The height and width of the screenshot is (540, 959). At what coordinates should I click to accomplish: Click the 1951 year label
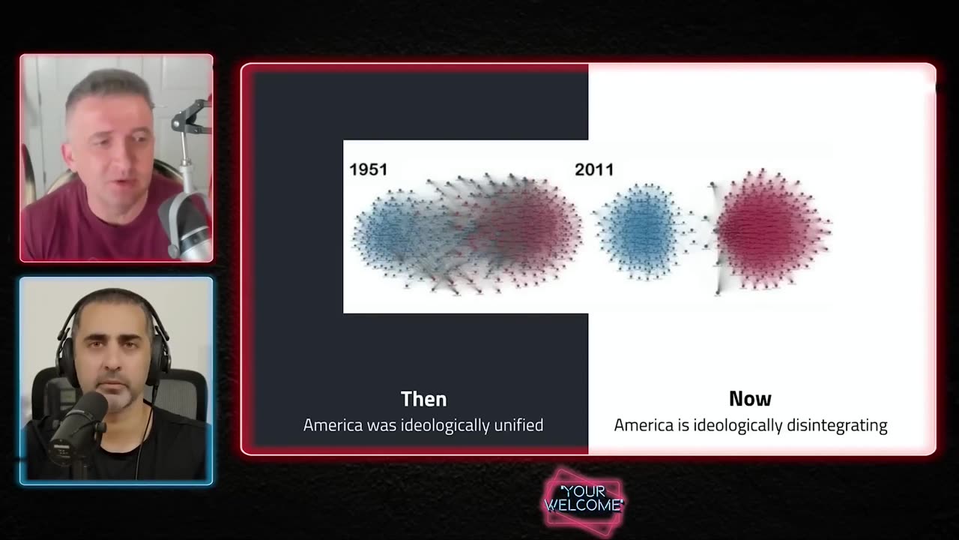[368, 169]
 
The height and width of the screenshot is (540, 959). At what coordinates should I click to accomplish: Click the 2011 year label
[593, 169]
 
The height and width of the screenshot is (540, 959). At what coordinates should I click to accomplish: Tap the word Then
[423, 399]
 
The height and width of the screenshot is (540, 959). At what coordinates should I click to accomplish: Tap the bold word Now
[750, 399]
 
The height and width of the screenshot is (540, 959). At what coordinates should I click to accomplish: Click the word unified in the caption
[518, 425]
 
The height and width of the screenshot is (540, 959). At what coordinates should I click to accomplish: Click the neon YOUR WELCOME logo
[584, 499]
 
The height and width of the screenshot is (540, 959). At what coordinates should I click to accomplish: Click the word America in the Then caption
[333, 425]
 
